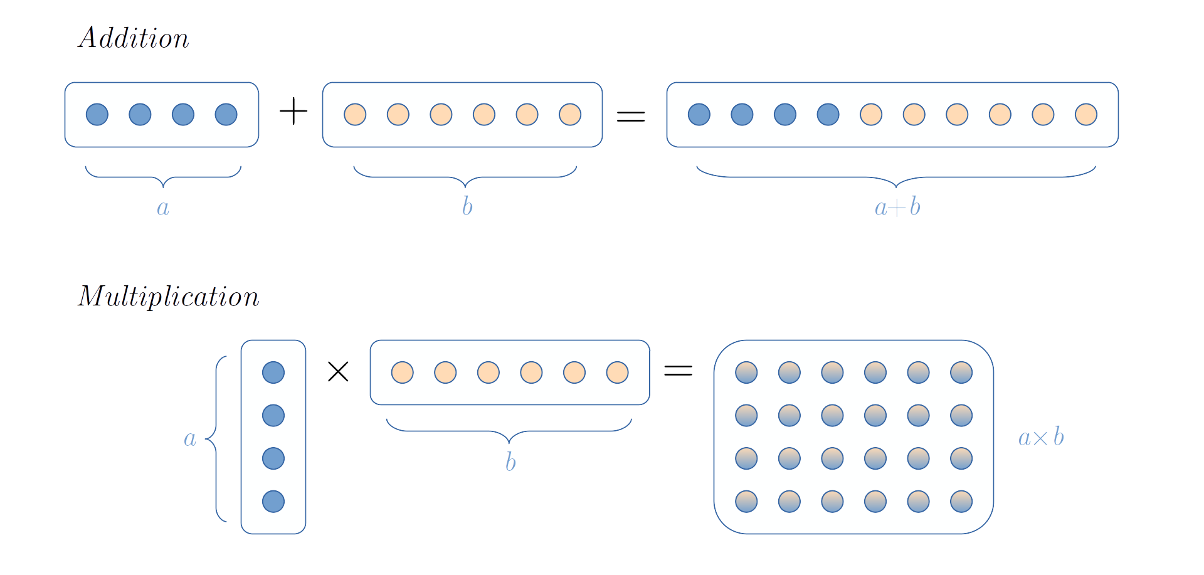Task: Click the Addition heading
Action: (x=134, y=38)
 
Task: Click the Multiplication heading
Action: (x=168, y=297)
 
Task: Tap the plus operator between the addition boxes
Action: (x=293, y=112)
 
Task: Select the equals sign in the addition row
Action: (x=630, y=119)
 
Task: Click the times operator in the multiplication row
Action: (x=336, y=372)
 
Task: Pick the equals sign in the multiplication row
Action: (x=677, y=374)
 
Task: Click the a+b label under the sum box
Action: (x=897, y=207)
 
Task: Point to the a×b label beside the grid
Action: (x=1041, y=437)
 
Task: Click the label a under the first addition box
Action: (x=163, y=208)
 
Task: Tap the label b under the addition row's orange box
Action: (x=467, y=206)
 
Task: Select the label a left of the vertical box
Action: (x=190, y=439)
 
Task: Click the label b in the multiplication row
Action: (x=510, y=462)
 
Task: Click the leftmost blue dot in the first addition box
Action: (x=97, y=115)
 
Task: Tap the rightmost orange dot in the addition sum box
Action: (x=1086, y=115)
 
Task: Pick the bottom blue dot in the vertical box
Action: (x=273, y=502)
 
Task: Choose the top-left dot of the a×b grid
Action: (x=746, y=372)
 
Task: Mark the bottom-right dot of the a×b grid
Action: (x=961, y=502)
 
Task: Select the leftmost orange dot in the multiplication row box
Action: (x=402, y=372)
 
